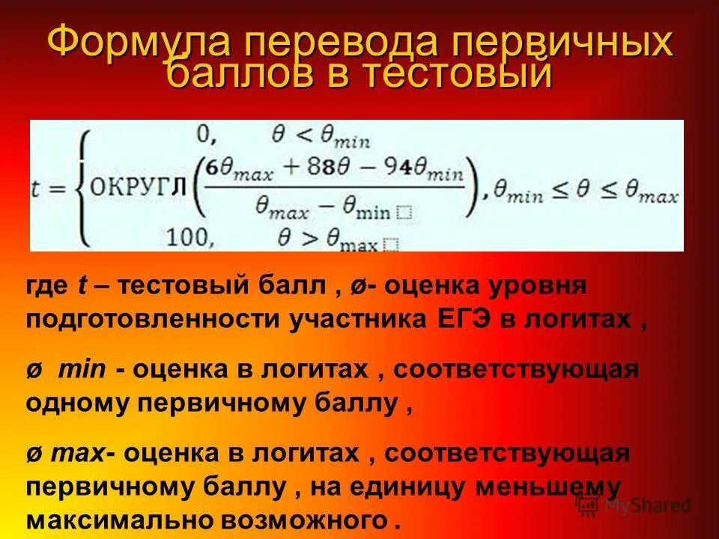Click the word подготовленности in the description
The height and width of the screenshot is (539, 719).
[x=153, y=320]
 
